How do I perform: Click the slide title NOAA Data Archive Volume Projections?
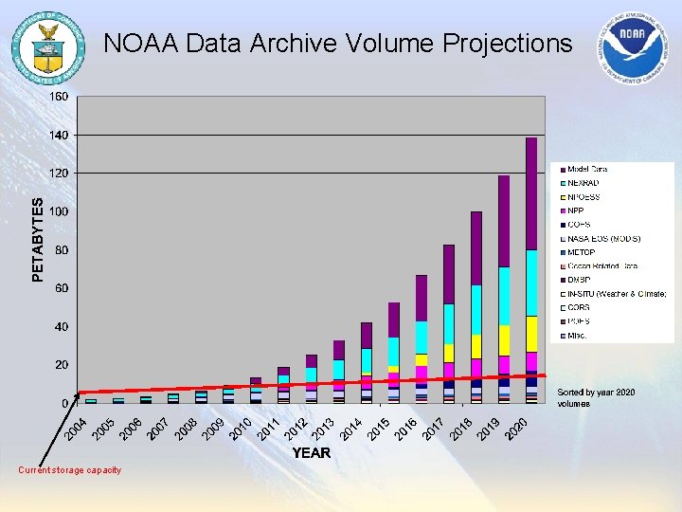337,44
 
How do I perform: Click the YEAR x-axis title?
311,453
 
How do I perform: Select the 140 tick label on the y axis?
59,136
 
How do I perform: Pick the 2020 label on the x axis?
516,429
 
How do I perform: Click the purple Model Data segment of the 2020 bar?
530,193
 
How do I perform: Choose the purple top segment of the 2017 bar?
448,274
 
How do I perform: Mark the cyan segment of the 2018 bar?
476,310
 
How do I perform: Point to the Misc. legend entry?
580,336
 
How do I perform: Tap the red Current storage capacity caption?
70,470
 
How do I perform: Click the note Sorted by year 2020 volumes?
596,397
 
